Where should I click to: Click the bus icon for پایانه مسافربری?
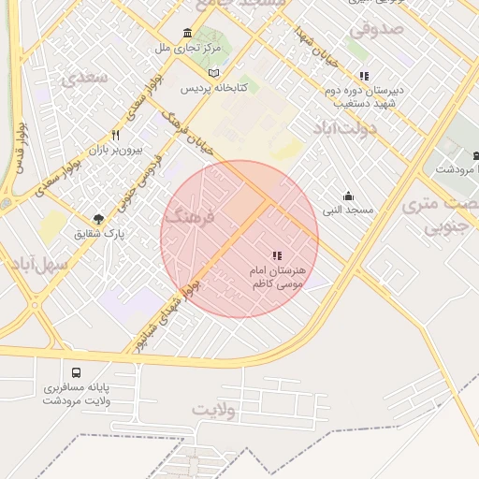(x=76, y=372)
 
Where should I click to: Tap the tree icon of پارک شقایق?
(x=99, y=218)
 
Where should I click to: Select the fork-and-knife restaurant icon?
(x=115, y=136)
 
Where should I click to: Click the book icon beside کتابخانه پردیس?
(x=214, y=73)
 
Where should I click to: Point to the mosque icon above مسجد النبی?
(x=348, y=196)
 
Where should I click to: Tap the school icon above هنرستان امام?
(x=276, y=255)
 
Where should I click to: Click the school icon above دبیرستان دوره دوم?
(x=364, y=77)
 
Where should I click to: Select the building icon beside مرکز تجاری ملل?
(x=187, y=34)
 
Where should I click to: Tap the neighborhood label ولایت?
(x=215, y=410)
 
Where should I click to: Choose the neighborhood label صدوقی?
(x=379, y=29)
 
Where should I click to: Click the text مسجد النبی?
(x=348, y=210)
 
